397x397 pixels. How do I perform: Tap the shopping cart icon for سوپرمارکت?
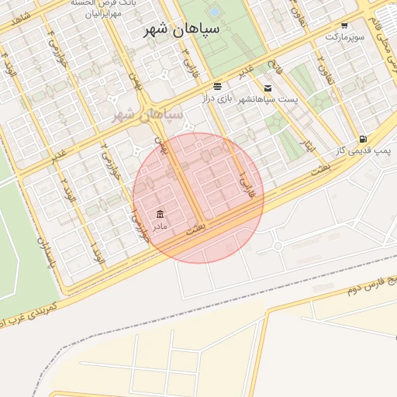344,26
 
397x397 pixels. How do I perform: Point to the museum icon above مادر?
160,214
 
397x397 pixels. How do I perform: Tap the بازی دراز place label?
217,98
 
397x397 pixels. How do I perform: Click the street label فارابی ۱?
247,184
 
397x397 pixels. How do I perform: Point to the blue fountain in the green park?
213,12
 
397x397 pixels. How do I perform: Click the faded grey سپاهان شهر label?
147,115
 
